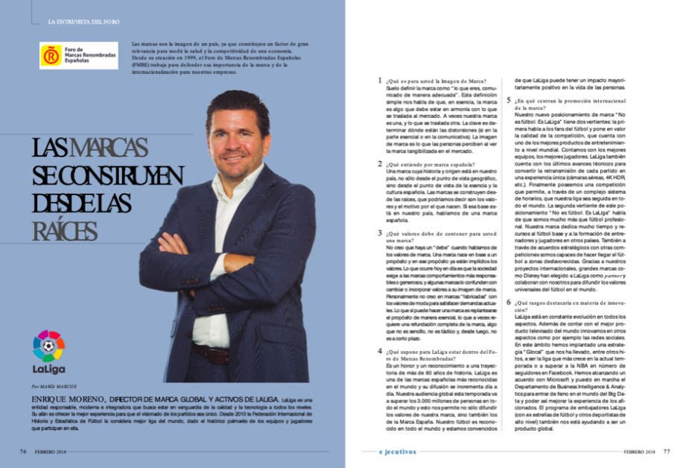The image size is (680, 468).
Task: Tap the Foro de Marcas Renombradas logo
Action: tap(78, 56)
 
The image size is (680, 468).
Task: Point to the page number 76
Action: tap(23, 451)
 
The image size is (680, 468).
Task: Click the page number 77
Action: tap(667, 451)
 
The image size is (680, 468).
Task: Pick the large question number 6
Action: tap(509, 303)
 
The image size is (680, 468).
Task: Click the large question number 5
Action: tap(509, 100)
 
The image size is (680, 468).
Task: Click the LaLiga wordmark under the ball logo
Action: tap(48, 369)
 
